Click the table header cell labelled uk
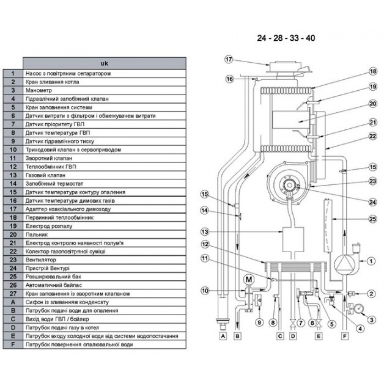click(104, 63)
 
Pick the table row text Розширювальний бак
click(48, 276)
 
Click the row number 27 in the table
click(13, 293)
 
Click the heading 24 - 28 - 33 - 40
click(286, 38)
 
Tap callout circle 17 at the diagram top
click(229, 60)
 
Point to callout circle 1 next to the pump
click(371, 262)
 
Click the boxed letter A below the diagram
click(222, 336)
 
